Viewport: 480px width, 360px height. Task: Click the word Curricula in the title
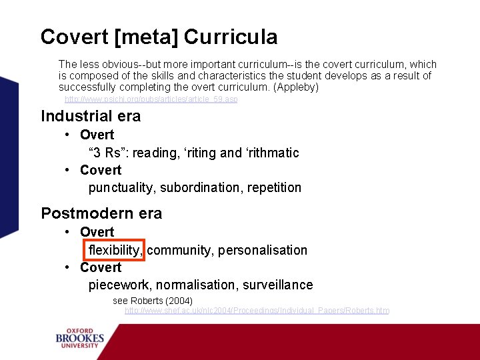click(231, 37)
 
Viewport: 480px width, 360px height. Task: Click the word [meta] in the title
click(146, 37)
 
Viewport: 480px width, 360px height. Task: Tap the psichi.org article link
click(151, 99)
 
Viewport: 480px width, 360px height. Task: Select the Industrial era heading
click(91, 116)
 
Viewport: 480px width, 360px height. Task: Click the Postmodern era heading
click(101, 213)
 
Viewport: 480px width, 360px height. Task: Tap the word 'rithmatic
click(273, 153)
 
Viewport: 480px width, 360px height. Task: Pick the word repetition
click(274, 188)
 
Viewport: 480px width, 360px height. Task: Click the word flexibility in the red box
click(115, 250)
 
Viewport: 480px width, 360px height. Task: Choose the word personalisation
click(263, 250)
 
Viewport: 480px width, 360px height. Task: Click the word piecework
click(120, 285)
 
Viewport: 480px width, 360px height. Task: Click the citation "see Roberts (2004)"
click(153, 301)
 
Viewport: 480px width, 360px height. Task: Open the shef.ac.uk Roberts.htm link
click(257, 311)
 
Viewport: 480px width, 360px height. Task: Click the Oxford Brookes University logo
click(80, 339)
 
